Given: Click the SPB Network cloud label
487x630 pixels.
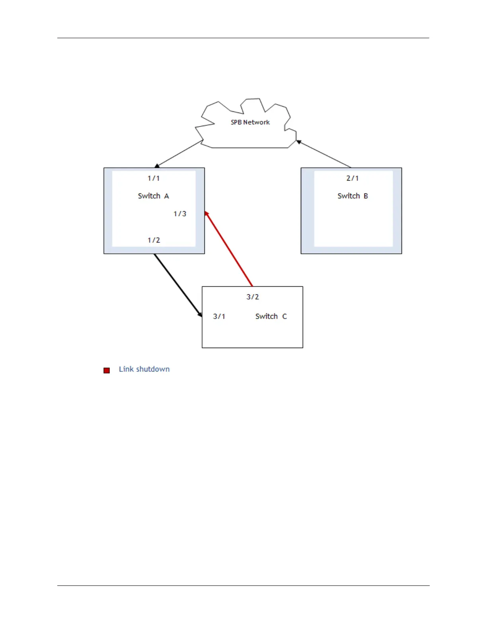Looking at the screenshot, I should point(250,122).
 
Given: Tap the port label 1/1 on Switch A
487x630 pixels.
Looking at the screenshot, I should point(154,179).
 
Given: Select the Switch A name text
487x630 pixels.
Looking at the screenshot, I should point(154,196).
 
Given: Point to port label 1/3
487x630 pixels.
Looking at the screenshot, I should point(180,214).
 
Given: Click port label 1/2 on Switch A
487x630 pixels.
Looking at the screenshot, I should point(154,240).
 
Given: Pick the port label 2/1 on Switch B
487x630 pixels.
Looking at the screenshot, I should point(353,179).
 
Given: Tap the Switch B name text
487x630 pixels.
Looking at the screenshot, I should point(353,196).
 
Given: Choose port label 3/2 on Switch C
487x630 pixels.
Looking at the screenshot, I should point(253,297).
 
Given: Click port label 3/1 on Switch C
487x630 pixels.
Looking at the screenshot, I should point(219,317).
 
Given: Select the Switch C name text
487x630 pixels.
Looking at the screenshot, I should point(271,317).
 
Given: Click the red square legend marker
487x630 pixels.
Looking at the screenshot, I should point(107,370).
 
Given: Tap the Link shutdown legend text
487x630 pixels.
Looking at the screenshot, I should point(144,369).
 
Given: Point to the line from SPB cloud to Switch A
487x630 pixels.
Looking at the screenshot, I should point(180,154).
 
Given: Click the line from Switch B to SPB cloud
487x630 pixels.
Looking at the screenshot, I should point(324,154).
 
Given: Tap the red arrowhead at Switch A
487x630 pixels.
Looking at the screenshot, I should point(206,214).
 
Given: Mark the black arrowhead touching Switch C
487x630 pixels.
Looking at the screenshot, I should point(200,314).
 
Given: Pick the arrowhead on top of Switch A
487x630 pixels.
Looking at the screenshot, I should point(157,166).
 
